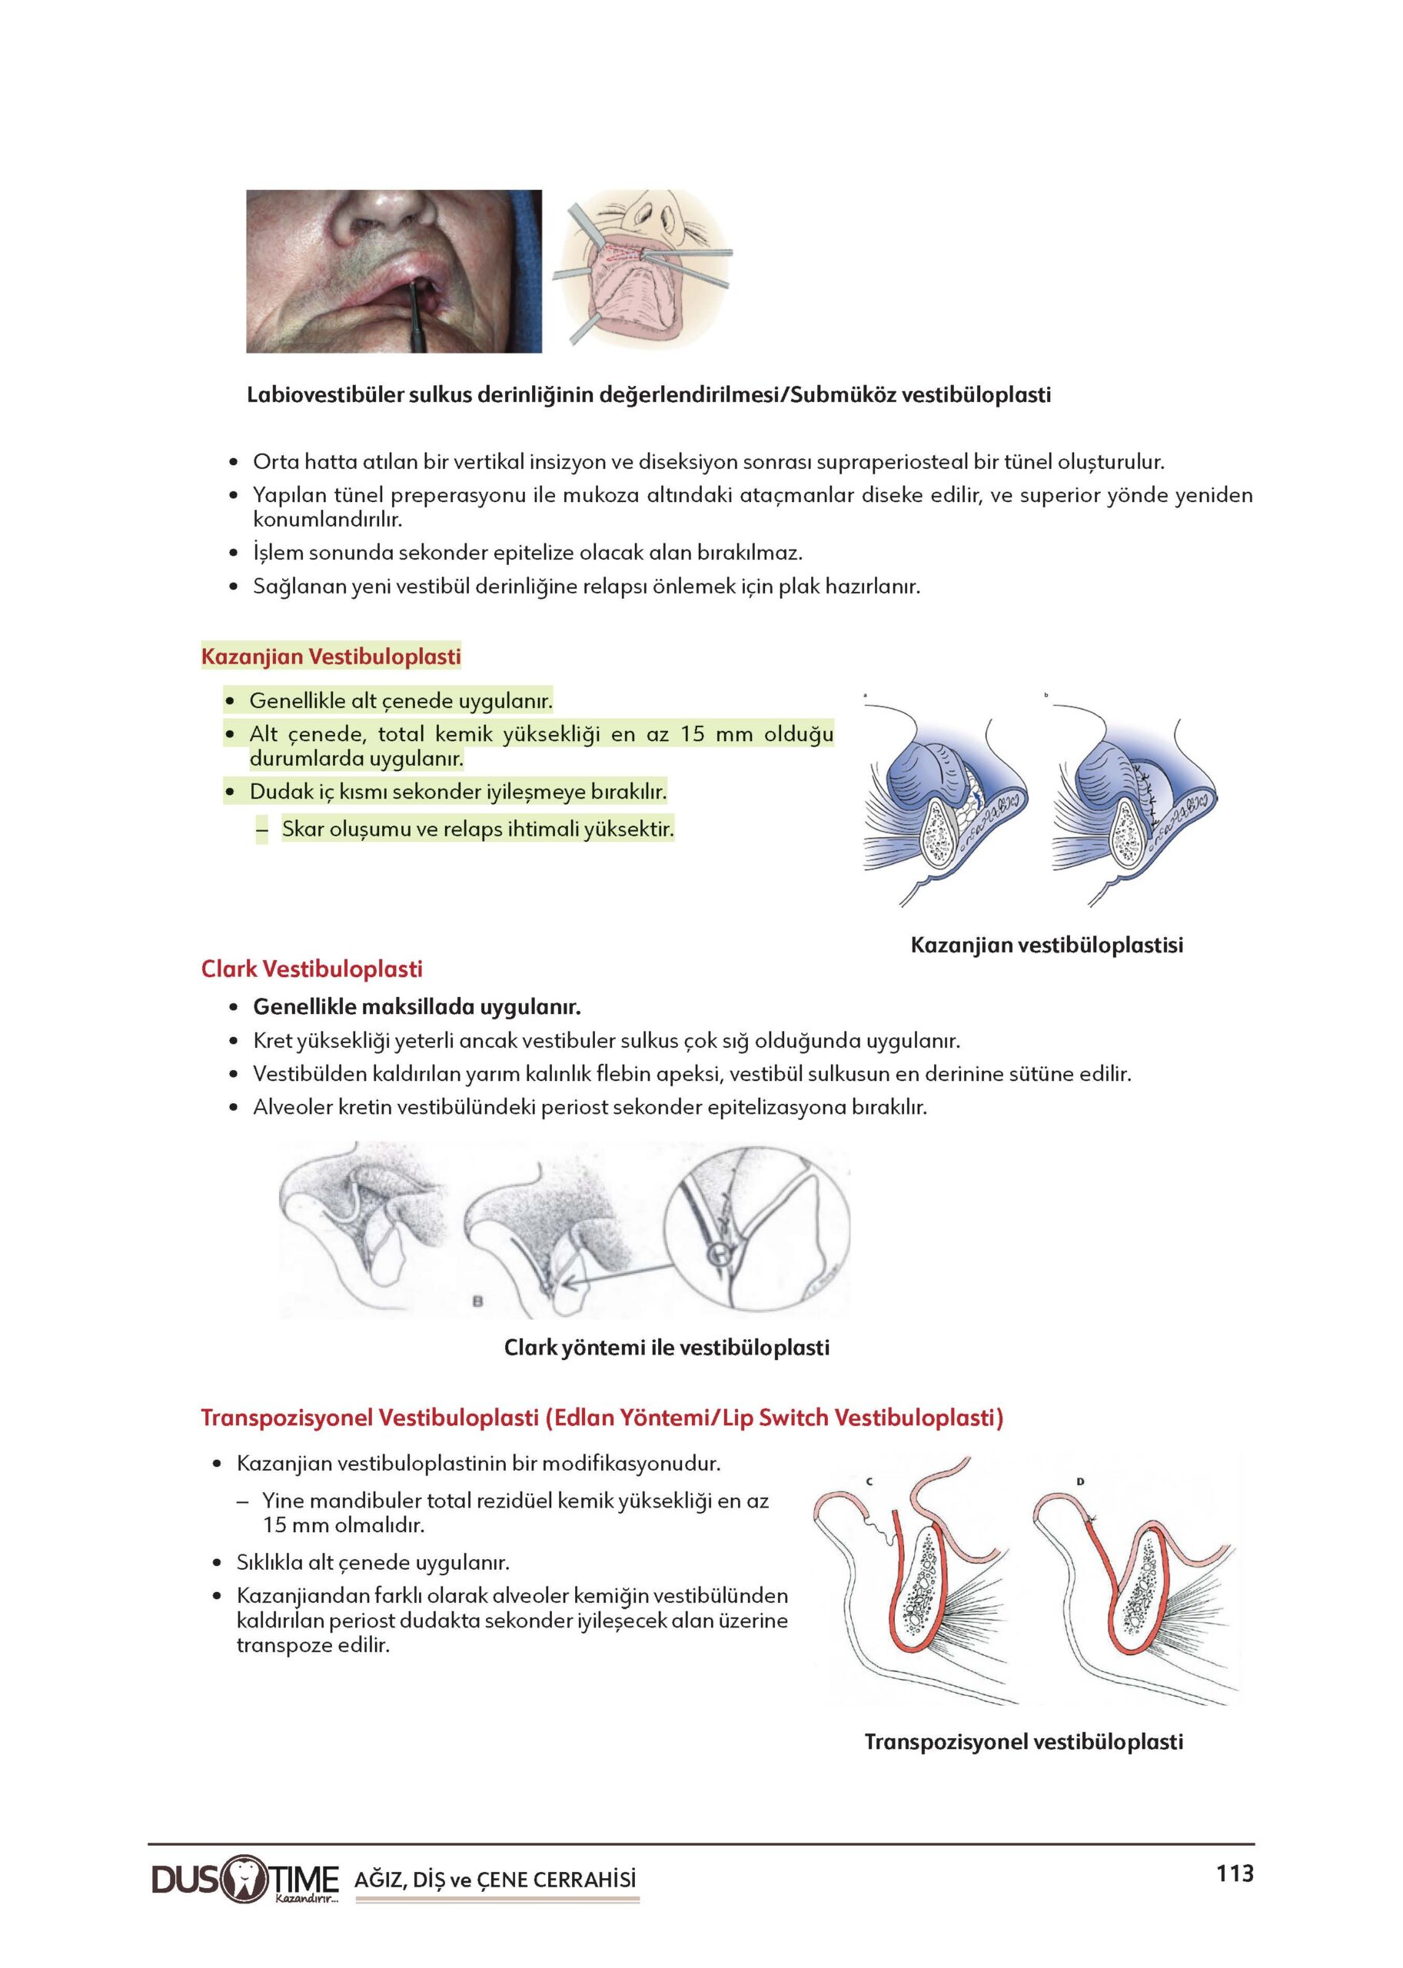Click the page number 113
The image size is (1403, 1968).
pyautogui.click(x=1235, y=1873)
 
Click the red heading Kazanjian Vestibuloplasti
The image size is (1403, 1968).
pyautogui.click(x=331, y=657)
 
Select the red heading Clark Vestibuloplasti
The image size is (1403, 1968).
pyautogui.click(x=312, y=969)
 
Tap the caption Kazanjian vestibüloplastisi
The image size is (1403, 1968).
pyautogui.click(x=1046, y=944)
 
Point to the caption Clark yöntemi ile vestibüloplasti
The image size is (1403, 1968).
pyautogui.click(x=666, y=1347)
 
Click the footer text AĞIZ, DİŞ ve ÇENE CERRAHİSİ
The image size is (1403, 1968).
pyautogui.click(x=495, y=1879)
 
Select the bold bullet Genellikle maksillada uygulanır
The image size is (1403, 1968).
pyautogui.click(x=417, y=1006)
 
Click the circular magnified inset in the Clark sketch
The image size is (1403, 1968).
pyautogui.click(x=756, y=1230)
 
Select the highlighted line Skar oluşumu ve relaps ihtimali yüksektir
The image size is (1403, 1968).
pyautogui.click(x=477, y=829)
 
